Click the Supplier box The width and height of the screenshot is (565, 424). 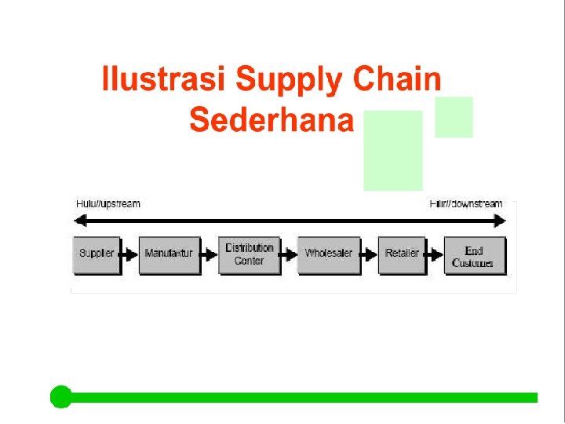coord(97,254)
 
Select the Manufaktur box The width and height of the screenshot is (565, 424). coord(169,254)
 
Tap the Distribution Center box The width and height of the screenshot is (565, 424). coord(249,254)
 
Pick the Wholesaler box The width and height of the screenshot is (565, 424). coord(329,254)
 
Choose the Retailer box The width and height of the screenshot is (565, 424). coord(402,254)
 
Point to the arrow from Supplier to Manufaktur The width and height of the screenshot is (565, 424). coord(129,254)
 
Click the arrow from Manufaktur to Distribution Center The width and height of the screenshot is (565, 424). coord(209,254)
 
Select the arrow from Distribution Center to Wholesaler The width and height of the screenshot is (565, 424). coord(289,254)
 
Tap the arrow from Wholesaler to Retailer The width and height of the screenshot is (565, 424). coord(369,254)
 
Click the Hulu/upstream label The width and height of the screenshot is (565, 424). coord(108,204)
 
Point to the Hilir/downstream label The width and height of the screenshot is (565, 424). coord(465,204)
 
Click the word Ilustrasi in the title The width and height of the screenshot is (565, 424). coord(164,81)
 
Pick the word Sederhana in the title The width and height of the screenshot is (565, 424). coord(272,120)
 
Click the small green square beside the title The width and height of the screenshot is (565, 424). coord(454,117)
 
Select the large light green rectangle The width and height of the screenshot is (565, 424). coord(392,151)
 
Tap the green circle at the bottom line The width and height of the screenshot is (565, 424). coord(60,397)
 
